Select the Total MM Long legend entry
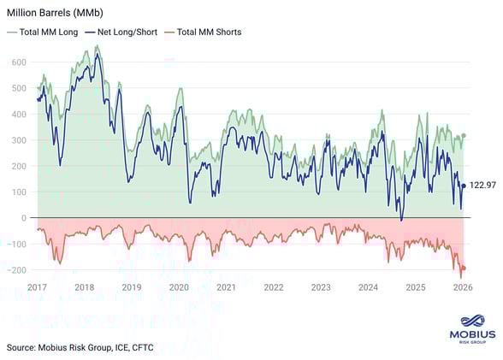click(x=48, y=32)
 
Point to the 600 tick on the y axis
click(x=17, y=62)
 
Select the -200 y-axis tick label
click(x=15, y=270)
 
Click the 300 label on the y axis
click(x=17, y=140)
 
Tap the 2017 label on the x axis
click(x=38, y=287)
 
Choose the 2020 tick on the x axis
click(x=180, y=287)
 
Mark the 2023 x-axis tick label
click(x=321, y=287)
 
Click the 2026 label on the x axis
click(x=463, y=287)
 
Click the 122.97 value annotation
click(x=482, y=186)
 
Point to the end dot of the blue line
click(x=464, y=186)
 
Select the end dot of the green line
click(x=464, y=135)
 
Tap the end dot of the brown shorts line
click(x=464, y=269)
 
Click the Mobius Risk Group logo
click(x=470, y=329)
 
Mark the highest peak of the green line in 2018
click(x=98, y=46)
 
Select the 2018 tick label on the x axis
click(x=85, y=287)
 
